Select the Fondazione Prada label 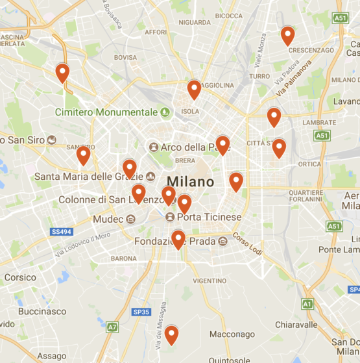pyautogui.click(x=175, y=241)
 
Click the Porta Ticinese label pyautogui.click(x=209, y=217)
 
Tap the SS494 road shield pyautogui.click(x=60, y=231)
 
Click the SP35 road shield pyautogui.click(x=141, y=312)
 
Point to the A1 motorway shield pyautogui.click(x=307, y=303)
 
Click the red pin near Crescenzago pyautogui.click(x=287, y=36)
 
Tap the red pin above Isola pyautogui.click(x=194, y=90)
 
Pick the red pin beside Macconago pyautogui.click(x=171, y=334)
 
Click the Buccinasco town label pyautogui.click(x=42, y=311)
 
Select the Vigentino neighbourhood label pyautogui.click(x=209, y=281)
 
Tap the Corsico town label pyautogui.click(x=20, y=277)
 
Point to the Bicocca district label pyautogui.click(x=229, y=15)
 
